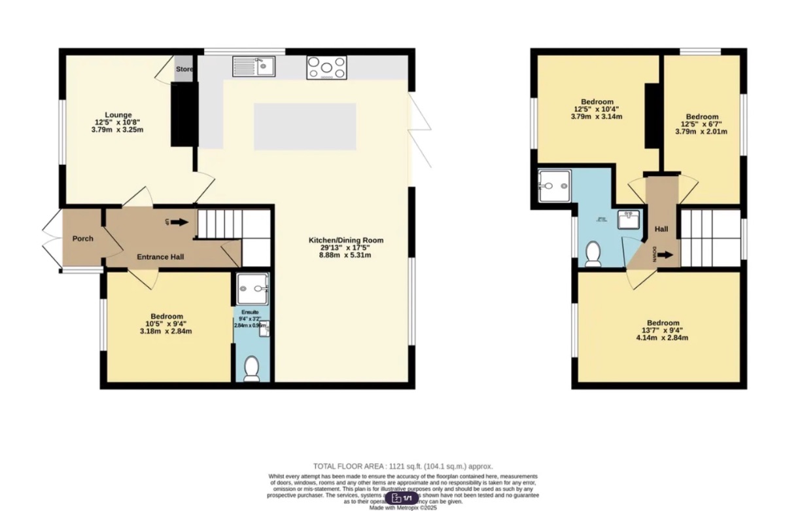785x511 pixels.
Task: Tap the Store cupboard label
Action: pos(184,69)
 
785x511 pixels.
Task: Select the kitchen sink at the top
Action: pos(254,66)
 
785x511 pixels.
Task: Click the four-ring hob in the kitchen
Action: pos(326,67)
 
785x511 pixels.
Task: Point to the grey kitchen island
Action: pos(305,126)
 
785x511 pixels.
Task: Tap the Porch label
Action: pos(82,239)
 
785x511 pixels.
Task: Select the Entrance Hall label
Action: pos(160,257)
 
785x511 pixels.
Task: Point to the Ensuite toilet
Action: pos(251,370)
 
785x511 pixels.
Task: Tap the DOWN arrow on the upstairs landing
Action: pos(665,255)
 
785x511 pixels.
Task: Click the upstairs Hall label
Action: pos(661,230)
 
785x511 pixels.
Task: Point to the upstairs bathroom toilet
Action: pos(593,254)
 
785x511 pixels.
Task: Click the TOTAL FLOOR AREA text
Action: pos(402,466)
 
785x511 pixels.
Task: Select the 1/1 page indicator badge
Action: pos(402,498)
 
